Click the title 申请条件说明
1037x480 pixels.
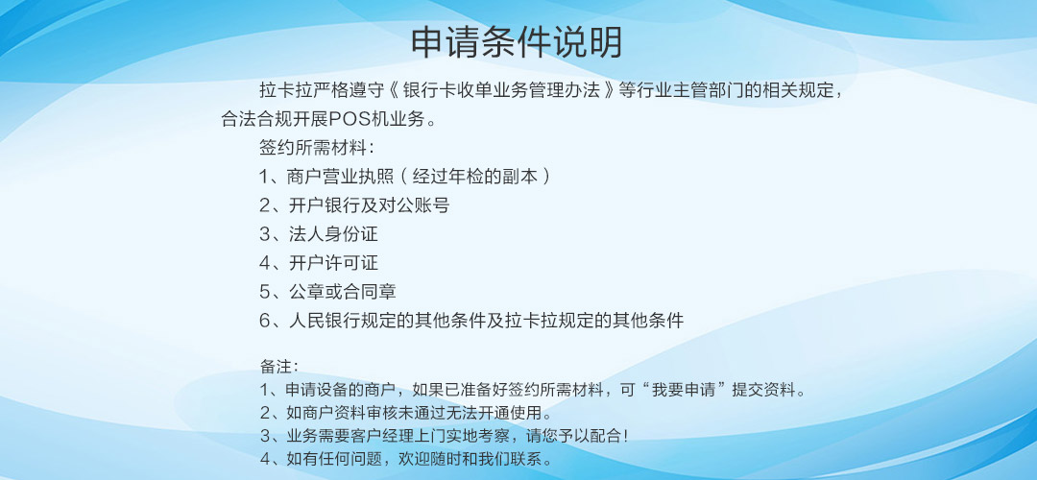(x=517, y=42)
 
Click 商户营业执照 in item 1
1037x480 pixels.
(x=341, y=177)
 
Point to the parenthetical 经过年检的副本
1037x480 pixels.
(x=475, y=177)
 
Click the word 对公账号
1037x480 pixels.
(x=414, y=205)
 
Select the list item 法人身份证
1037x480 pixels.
(x=333, y=234)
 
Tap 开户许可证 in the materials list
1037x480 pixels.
(x=333, y=263)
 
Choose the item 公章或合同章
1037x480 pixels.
(x=343, y=292)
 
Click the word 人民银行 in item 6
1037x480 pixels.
(x=325, y=321)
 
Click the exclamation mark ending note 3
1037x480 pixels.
(x=625, y=437)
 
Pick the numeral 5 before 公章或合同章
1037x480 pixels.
(x=265, y=292)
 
